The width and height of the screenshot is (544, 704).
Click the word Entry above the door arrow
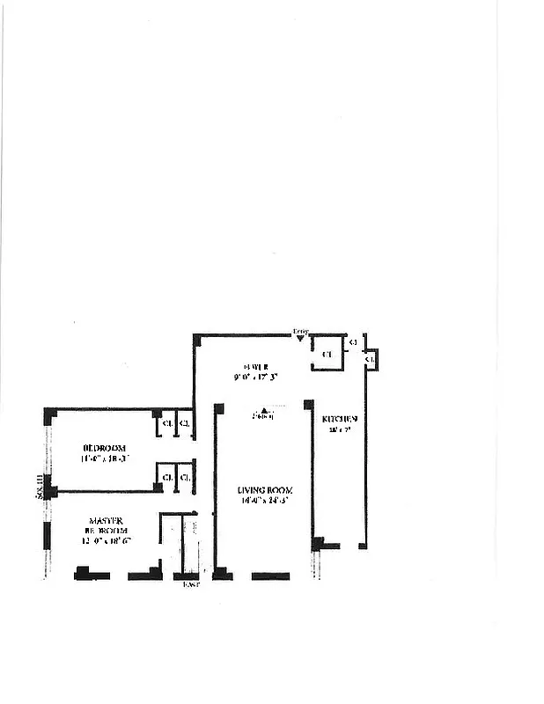[x=300, y=330]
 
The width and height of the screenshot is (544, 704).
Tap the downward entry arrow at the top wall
[x=300, y=338]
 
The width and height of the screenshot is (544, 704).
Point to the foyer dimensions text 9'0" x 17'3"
[x=256, y=377]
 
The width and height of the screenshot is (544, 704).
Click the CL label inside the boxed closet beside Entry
[x=327, y=354]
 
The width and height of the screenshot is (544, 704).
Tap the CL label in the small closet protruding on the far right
[x=371, y=359]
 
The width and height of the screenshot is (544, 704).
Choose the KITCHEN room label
[x=339, y=419]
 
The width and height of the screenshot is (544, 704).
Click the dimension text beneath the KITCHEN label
[x=335, y=430]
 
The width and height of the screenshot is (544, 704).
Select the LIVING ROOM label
[x=264, y=489]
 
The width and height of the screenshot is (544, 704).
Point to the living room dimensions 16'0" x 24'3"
[x=264, y=500]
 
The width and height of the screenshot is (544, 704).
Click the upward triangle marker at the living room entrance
[x=263, y=410]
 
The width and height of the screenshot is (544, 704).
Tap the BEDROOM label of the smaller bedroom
[x=105, y=447]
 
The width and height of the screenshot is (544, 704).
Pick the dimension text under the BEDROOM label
[x=105, y=458]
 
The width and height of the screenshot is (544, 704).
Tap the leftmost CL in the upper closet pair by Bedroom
[x=165, y=424]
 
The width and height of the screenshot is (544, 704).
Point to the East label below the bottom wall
[x=190, y=584]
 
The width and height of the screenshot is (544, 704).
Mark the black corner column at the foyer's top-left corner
[x=197, y=337]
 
